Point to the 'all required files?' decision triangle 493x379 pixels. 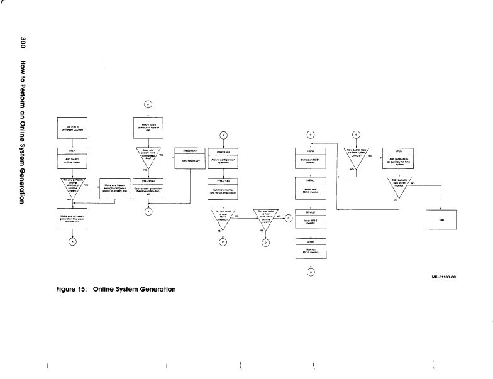(x=149, y=155)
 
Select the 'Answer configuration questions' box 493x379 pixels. (x=223, y=157)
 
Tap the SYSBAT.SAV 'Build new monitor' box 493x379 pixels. (x=223, y=187)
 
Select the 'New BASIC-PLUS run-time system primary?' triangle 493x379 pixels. (x=357, y=156)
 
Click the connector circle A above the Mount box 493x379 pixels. (x=149, y=104)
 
